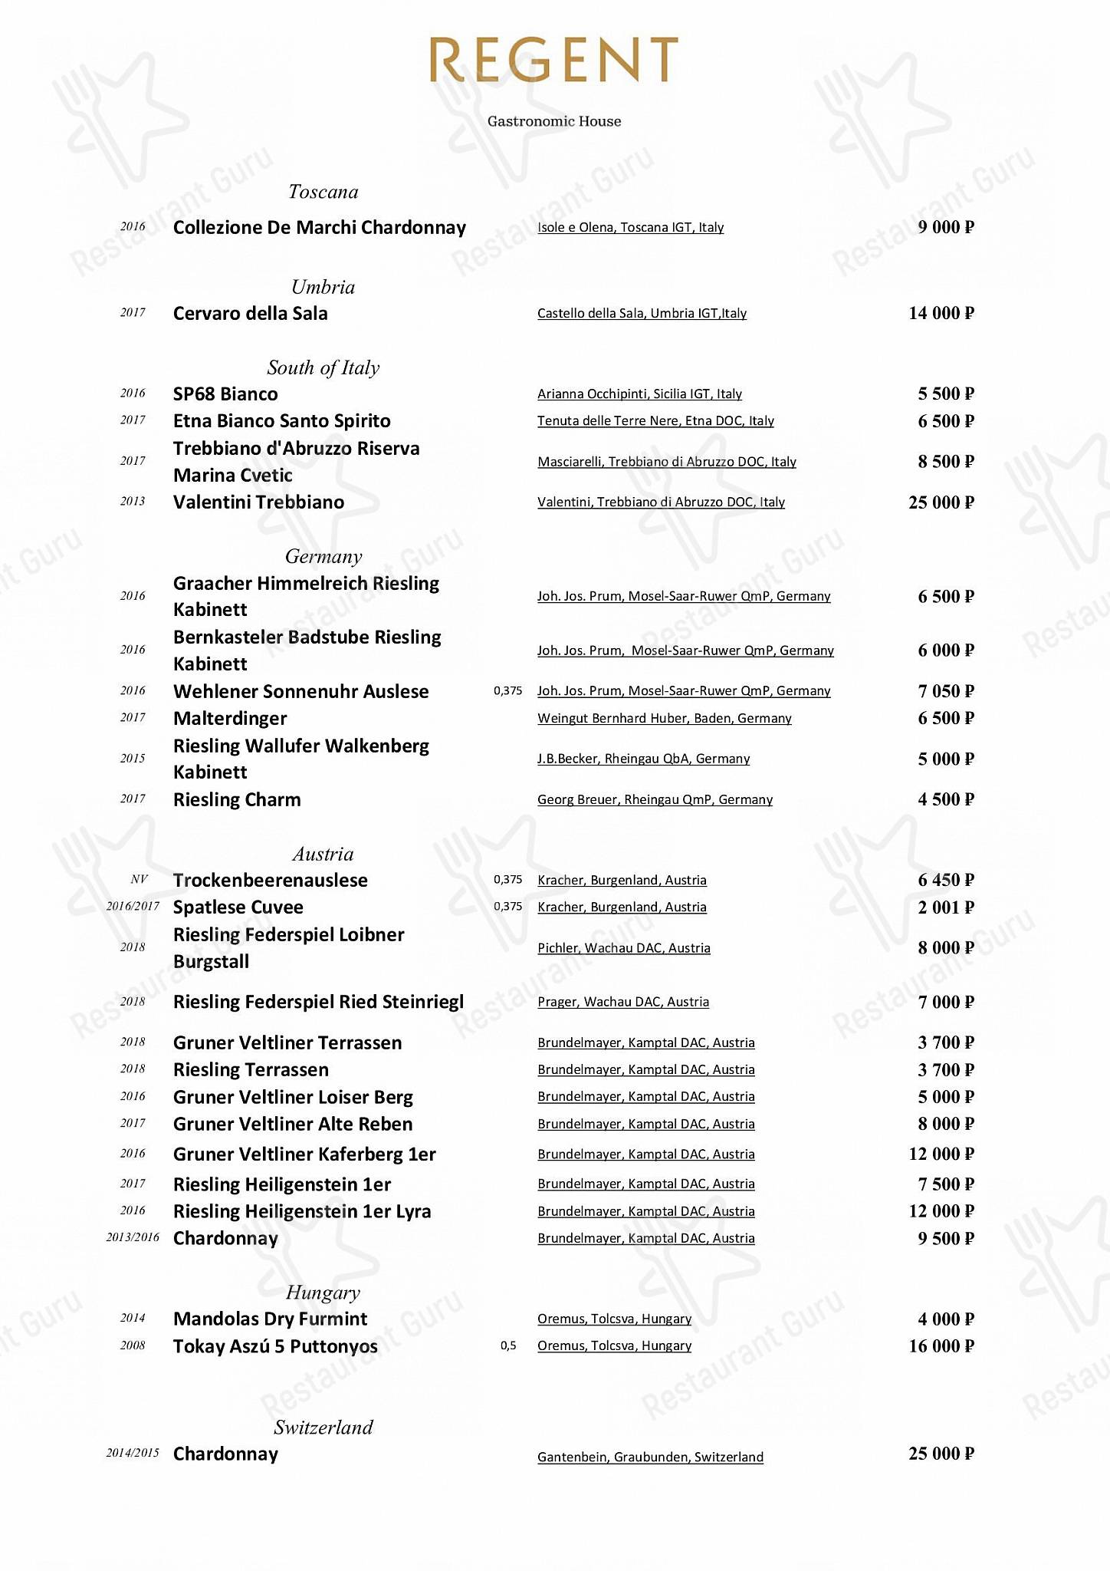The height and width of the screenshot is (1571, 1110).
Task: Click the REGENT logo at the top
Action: (x=553, y=60)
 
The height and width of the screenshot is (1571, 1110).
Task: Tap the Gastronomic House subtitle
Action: (x=554, y=121)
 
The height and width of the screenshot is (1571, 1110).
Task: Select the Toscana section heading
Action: (x=323, y=192)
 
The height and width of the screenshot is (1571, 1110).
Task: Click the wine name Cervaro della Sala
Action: (x=250, y=313)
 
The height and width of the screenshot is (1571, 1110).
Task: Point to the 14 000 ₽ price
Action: (x=941, y=313)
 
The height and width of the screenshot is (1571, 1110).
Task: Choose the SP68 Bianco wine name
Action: (x=225, y=394)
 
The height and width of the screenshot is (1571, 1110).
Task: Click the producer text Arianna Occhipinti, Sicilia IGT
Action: (x=639, y=394)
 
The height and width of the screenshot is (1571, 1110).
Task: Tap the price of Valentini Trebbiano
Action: (x=941, y=502)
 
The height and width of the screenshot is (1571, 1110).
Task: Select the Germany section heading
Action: (x=323, y=556)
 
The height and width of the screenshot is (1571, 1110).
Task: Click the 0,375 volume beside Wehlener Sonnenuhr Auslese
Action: (x=507, y=691)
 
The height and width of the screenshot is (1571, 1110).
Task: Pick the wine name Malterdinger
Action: (x=230, y=718)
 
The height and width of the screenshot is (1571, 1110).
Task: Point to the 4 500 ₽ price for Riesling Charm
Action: (x=945, y=799)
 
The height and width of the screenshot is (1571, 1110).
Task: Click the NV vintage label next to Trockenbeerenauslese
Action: (x=139, y=880)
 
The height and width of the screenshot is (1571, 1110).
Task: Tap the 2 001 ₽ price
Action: (x=945, y=907)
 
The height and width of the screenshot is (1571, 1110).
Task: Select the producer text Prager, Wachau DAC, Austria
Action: (x=623, y=1002)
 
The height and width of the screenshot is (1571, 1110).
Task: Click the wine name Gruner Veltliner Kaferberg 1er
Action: (x=304, y=1154)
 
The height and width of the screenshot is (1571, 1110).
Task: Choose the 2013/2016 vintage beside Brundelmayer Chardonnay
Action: (x=133, y=1237)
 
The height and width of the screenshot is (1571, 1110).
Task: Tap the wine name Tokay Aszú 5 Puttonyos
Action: (x=275, y=1346)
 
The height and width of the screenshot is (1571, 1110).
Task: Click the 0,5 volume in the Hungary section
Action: (x=508, y=1346)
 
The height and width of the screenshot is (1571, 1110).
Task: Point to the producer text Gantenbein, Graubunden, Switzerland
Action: (x=650, y=1457)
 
